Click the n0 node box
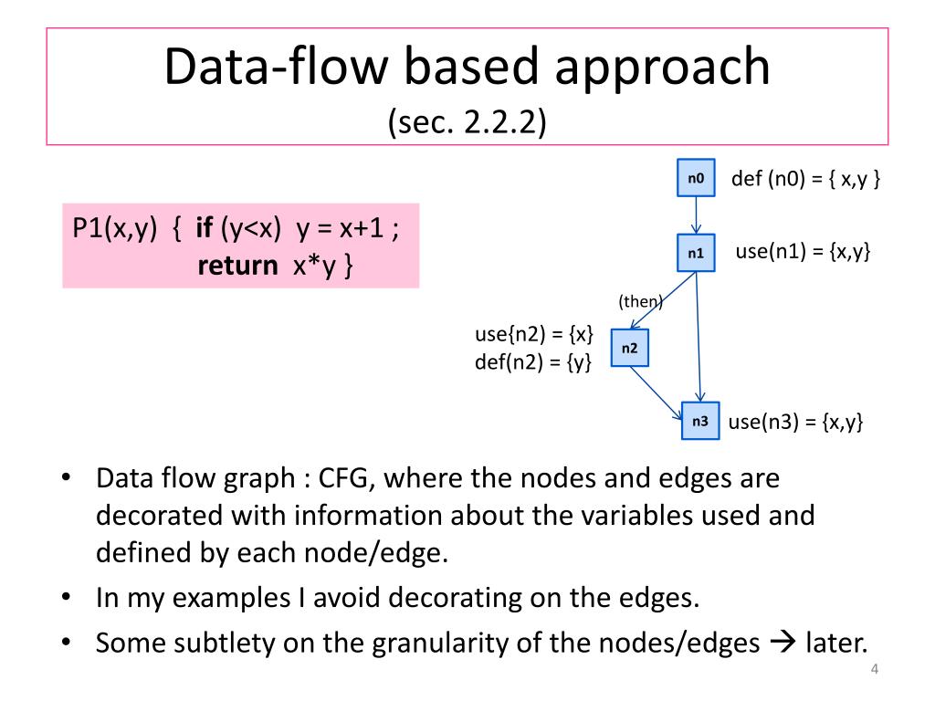click(x=696, y=179)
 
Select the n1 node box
click(x=696, y=253)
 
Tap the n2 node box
click(x=630, y=348)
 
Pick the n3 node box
click(x=700, y=421)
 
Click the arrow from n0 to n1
click(x=696, y=215)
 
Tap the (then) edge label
click(x=640, y=301)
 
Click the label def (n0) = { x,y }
click(x=806, y=178)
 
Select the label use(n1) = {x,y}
click(x=803, y=251)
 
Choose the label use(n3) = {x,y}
click(x=795, y=422)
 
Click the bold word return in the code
click(x=237, y=266)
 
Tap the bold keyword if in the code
click(x=205, y=228)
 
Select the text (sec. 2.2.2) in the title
click(x=467, y=121)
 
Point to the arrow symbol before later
click(x=783, y=643)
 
